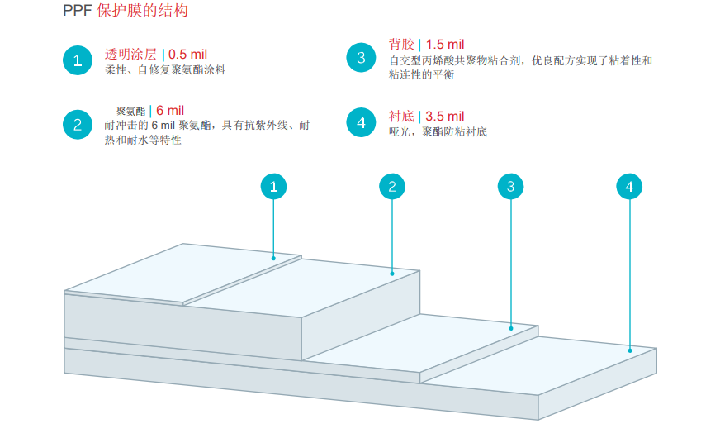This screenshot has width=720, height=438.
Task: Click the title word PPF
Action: click(x=77, y=11)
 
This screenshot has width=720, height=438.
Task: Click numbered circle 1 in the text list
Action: click(x=78, y=60)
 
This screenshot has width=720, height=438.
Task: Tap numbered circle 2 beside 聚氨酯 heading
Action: click(x=78, y=125)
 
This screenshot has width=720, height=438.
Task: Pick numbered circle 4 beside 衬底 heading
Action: click(x=361, y=123)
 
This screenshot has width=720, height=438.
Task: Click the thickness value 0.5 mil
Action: click(x=187, y=55)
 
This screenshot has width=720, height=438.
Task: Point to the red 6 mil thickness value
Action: click(x=170, y=111)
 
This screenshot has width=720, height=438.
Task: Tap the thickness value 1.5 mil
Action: click(x=445, y=45)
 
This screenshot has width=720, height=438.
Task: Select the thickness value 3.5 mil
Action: click(x=445, y=117)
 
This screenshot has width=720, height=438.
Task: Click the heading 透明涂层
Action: click(x=130, y=55)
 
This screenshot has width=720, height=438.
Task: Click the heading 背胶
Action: click(x=401, y=45)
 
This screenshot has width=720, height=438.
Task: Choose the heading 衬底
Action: click(x=401, y=117)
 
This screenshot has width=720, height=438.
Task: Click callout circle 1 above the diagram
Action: click(x=273, y=187)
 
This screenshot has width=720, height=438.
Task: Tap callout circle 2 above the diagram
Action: click(x=392, y=187)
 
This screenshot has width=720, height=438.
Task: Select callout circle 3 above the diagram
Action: click(x=511, y=187)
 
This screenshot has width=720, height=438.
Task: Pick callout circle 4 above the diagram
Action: click(x=629, y=187)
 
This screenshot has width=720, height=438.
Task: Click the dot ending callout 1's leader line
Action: click(x=273, y=259)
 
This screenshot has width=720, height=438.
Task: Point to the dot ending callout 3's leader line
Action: click(x=511, y=328)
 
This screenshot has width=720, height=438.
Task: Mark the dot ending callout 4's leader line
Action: click(x=630, y=350)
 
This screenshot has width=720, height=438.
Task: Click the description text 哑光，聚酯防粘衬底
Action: click(x=438, y=131)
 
